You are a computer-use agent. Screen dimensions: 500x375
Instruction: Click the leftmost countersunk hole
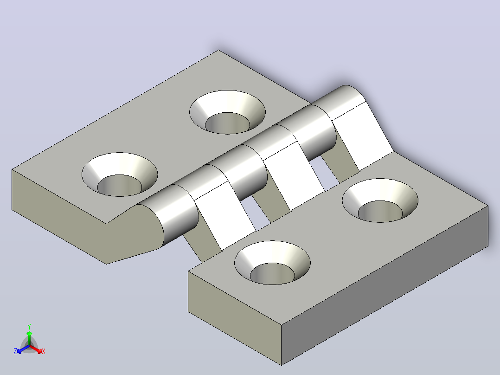pos(120,175)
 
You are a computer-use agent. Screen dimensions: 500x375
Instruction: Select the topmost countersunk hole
pos(227,112)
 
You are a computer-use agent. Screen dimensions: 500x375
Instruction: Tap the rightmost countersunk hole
pos(380,200)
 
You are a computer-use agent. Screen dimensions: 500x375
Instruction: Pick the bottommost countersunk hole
pos(272,263)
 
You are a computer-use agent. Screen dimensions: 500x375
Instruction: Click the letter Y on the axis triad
pos(29,326)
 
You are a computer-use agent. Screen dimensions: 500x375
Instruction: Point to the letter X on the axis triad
pos(44,351)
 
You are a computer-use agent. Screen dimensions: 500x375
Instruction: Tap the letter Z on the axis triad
pos(15,351)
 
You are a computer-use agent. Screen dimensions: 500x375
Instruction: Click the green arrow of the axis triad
pos(29,338)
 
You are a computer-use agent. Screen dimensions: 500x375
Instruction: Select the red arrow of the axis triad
pos(36,349)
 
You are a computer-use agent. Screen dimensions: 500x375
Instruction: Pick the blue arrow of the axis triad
pos(23,349)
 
